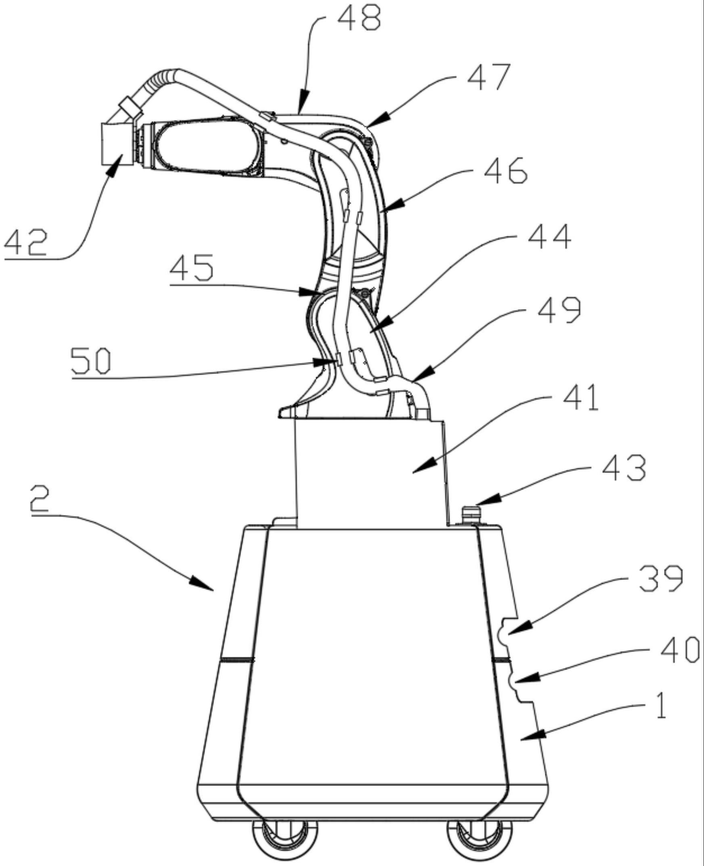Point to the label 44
[549, 237]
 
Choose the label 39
[661, 579]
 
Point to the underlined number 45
[191, 268]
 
